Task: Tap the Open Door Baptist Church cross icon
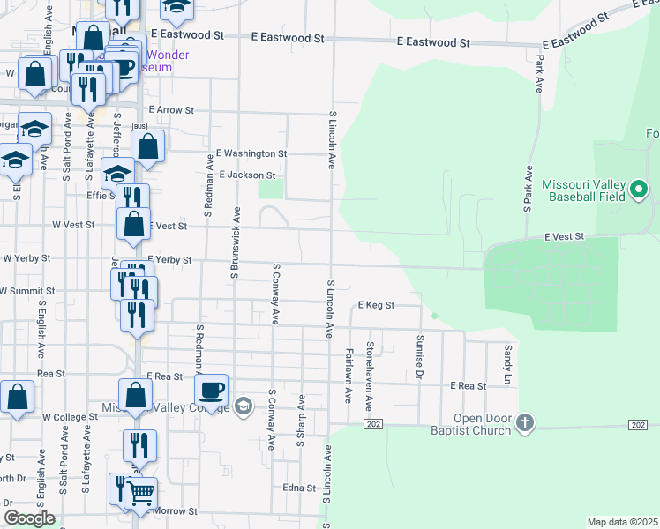[x=525, y=422]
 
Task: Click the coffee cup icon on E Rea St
[x=212, y=389]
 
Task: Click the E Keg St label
[x=375, y=305]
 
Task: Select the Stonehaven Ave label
[x=371, y=371]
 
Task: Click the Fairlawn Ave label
[x=349, y=375]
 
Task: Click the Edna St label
[x=299, y=488]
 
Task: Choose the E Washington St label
[x=251, y=153]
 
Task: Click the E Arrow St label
[x=171, y=110]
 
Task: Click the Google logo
[x=29, y=518]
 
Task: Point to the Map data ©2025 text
[x=622, y=522]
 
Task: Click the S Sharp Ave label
[x=302, y=421]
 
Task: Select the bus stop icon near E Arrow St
[x=139, y=127]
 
